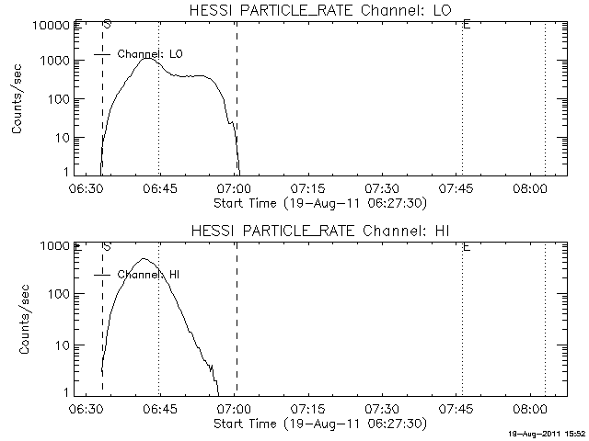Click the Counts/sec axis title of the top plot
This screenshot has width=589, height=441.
pos(18,99)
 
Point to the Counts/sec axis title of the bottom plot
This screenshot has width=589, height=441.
pos(18,320)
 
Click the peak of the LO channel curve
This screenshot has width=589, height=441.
pos(147,59)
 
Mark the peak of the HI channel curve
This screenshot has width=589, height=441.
pos(144,259)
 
